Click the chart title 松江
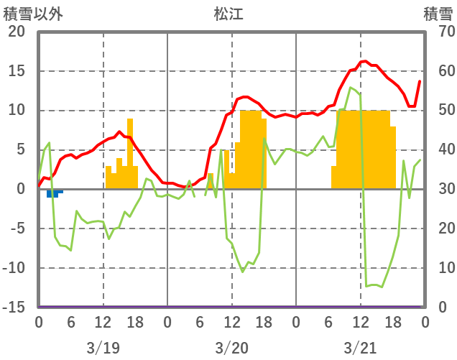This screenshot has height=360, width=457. click(x=228, y=14)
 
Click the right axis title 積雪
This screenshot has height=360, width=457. click(x=437, y=14)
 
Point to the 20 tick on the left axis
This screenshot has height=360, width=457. click(x=16, y=32)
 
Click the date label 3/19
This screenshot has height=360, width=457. click(x=103, y=348)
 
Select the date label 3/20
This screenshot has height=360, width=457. click(x=231, y=348)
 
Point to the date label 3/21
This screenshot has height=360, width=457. click(x=360, y=348)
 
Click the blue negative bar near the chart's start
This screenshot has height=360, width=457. click(x=52, y=193)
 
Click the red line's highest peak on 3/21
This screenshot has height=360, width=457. click(x=364, y=61)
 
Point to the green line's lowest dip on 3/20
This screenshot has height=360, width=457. click(x=242, y=272)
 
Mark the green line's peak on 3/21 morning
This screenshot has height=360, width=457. click(x=350, y=88)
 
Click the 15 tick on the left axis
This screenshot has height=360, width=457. click(x=16, y=71)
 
